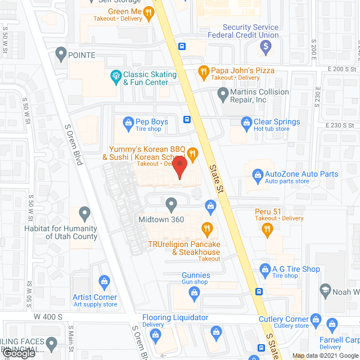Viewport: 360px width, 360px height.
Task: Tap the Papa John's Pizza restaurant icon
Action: click(x=203, y=71)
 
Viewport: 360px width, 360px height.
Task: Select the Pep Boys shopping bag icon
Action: click(x=128, y=121)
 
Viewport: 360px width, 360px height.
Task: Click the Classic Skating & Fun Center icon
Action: click(x=115, y=75)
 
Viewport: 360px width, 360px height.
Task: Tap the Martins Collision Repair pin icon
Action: click(x=222, y=93)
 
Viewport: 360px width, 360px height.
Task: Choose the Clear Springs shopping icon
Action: click(x=245, y=122)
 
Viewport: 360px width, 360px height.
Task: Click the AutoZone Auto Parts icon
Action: click(x=256, y=174)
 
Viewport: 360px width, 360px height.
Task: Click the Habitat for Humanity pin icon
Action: click(x=84, y=213)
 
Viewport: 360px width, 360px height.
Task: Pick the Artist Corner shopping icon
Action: click(x=103, y=281)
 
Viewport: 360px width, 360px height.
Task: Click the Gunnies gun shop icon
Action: click(x=194, y=292)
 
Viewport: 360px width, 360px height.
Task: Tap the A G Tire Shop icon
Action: click(x=264, y=269)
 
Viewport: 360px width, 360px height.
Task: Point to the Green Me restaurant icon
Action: click(x=148, y=11)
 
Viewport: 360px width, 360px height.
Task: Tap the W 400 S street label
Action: click(x=48, y=317)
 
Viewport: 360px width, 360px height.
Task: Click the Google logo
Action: click(x=19, y=353)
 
